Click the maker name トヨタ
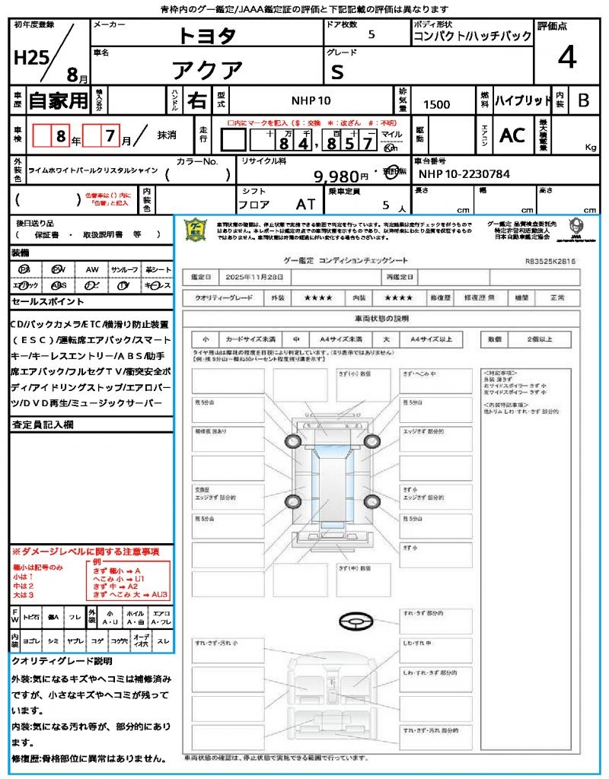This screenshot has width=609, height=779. tap(207, 36)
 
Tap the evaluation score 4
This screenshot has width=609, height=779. tap(566, 57)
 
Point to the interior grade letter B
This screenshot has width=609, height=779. tap(583, 100)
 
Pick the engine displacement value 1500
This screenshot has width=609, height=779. tap(436, 105)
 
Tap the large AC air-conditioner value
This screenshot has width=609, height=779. tap(512, 135)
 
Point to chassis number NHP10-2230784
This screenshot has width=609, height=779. tap(464, 174)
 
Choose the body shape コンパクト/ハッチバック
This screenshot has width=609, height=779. tap(473, 37)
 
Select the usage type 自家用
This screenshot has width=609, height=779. tap(59, 100)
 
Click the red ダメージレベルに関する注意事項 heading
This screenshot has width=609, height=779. tap(85, 551)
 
